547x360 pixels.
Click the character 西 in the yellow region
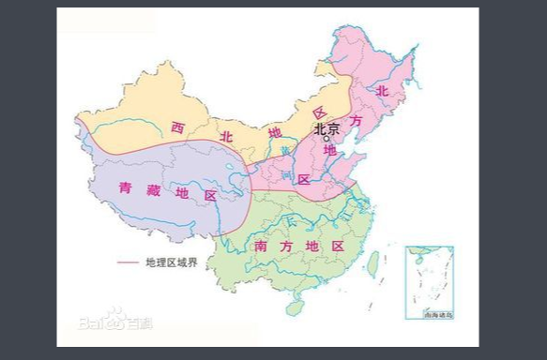(177, 127)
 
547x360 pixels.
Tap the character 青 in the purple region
(126, 187)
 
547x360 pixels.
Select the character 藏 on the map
(153, 191)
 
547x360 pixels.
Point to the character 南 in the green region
(260, 246)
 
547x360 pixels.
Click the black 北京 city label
(327, 129)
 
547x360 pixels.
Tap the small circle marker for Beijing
(327, 140)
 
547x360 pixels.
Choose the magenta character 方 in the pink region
(355, 121)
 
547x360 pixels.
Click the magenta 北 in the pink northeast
(382, 91)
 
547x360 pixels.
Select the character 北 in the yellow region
(225, 137)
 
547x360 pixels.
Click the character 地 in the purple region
(182, 193)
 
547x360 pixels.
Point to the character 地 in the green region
(311, 246)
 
